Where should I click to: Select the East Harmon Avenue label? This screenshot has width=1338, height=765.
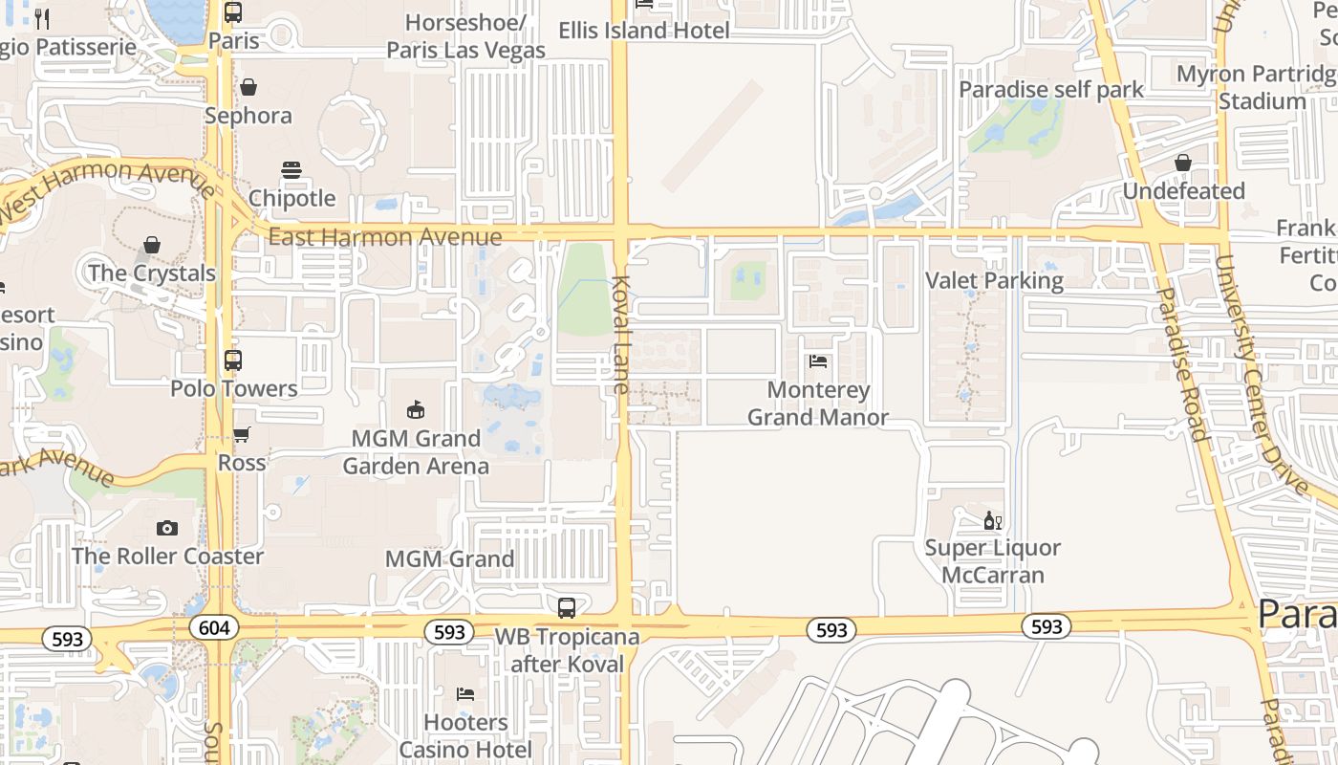[384, 236]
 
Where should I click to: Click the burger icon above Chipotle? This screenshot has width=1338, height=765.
[291, 170]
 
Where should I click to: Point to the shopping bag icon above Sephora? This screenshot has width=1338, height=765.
[248, 88]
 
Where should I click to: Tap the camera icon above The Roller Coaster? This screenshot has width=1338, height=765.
[167, 528]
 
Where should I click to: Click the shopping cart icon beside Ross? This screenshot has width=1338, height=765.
[242, 434]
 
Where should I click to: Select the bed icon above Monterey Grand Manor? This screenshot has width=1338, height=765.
[818, 361]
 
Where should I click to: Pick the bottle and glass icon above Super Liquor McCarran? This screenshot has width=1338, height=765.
[992, 521]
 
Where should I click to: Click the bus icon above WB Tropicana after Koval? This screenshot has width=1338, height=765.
[567, 607]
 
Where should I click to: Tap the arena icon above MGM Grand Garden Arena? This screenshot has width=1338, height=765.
[416, 409]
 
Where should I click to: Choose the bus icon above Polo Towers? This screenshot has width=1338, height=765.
[233, 361]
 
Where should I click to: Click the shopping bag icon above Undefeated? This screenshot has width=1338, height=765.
[1183, 163]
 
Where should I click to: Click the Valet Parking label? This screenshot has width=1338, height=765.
[994, 280]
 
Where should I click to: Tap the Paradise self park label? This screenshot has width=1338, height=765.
[1051, 90]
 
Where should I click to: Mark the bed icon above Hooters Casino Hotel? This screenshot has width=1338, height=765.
[465, 693]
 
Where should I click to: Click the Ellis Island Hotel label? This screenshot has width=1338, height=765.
[644, 31]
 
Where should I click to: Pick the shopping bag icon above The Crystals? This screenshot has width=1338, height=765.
[152, 245]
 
